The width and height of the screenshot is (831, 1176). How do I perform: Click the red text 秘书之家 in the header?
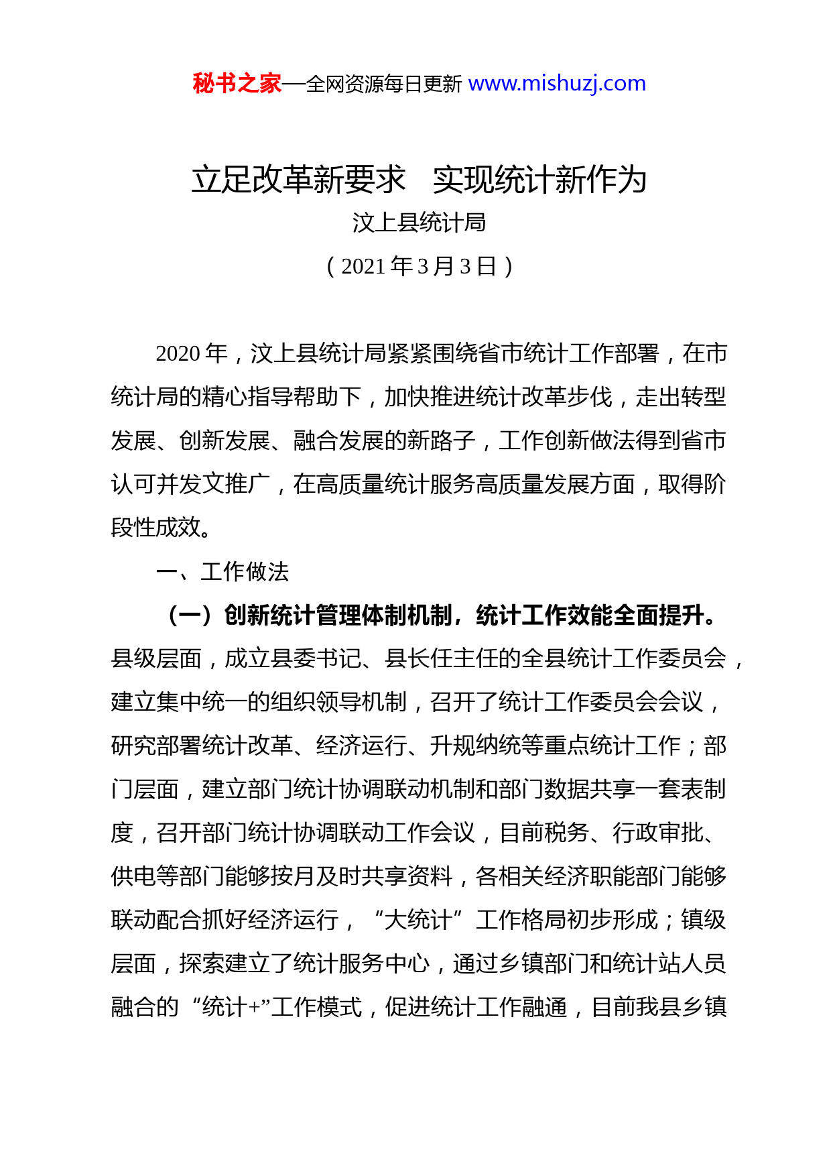[x=237, y=84]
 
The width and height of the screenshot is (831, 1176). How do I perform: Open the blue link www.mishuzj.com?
[x=557, y=84]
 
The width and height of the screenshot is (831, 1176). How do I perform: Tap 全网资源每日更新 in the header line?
[x=384, y=84]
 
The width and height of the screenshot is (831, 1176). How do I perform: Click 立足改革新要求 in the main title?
[x=299, y=180]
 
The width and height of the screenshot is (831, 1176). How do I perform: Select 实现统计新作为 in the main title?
[x=539, y=180]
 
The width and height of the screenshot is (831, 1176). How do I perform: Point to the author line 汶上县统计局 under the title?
[x=419, y=223]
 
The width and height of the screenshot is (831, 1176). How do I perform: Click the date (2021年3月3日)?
[x=419, y=267]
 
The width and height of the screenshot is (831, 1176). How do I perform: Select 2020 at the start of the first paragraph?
[x=178, y=354]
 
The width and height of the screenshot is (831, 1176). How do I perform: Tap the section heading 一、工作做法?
[x=222, y=572]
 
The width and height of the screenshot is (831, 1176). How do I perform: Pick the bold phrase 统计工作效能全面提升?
[x=590, y=615]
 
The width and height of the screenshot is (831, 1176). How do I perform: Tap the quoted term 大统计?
[x=419, y=921]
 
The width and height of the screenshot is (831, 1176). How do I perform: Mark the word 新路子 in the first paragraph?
[x=442, y=441]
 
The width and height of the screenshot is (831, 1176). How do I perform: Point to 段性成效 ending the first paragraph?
[x=156, y=528]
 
